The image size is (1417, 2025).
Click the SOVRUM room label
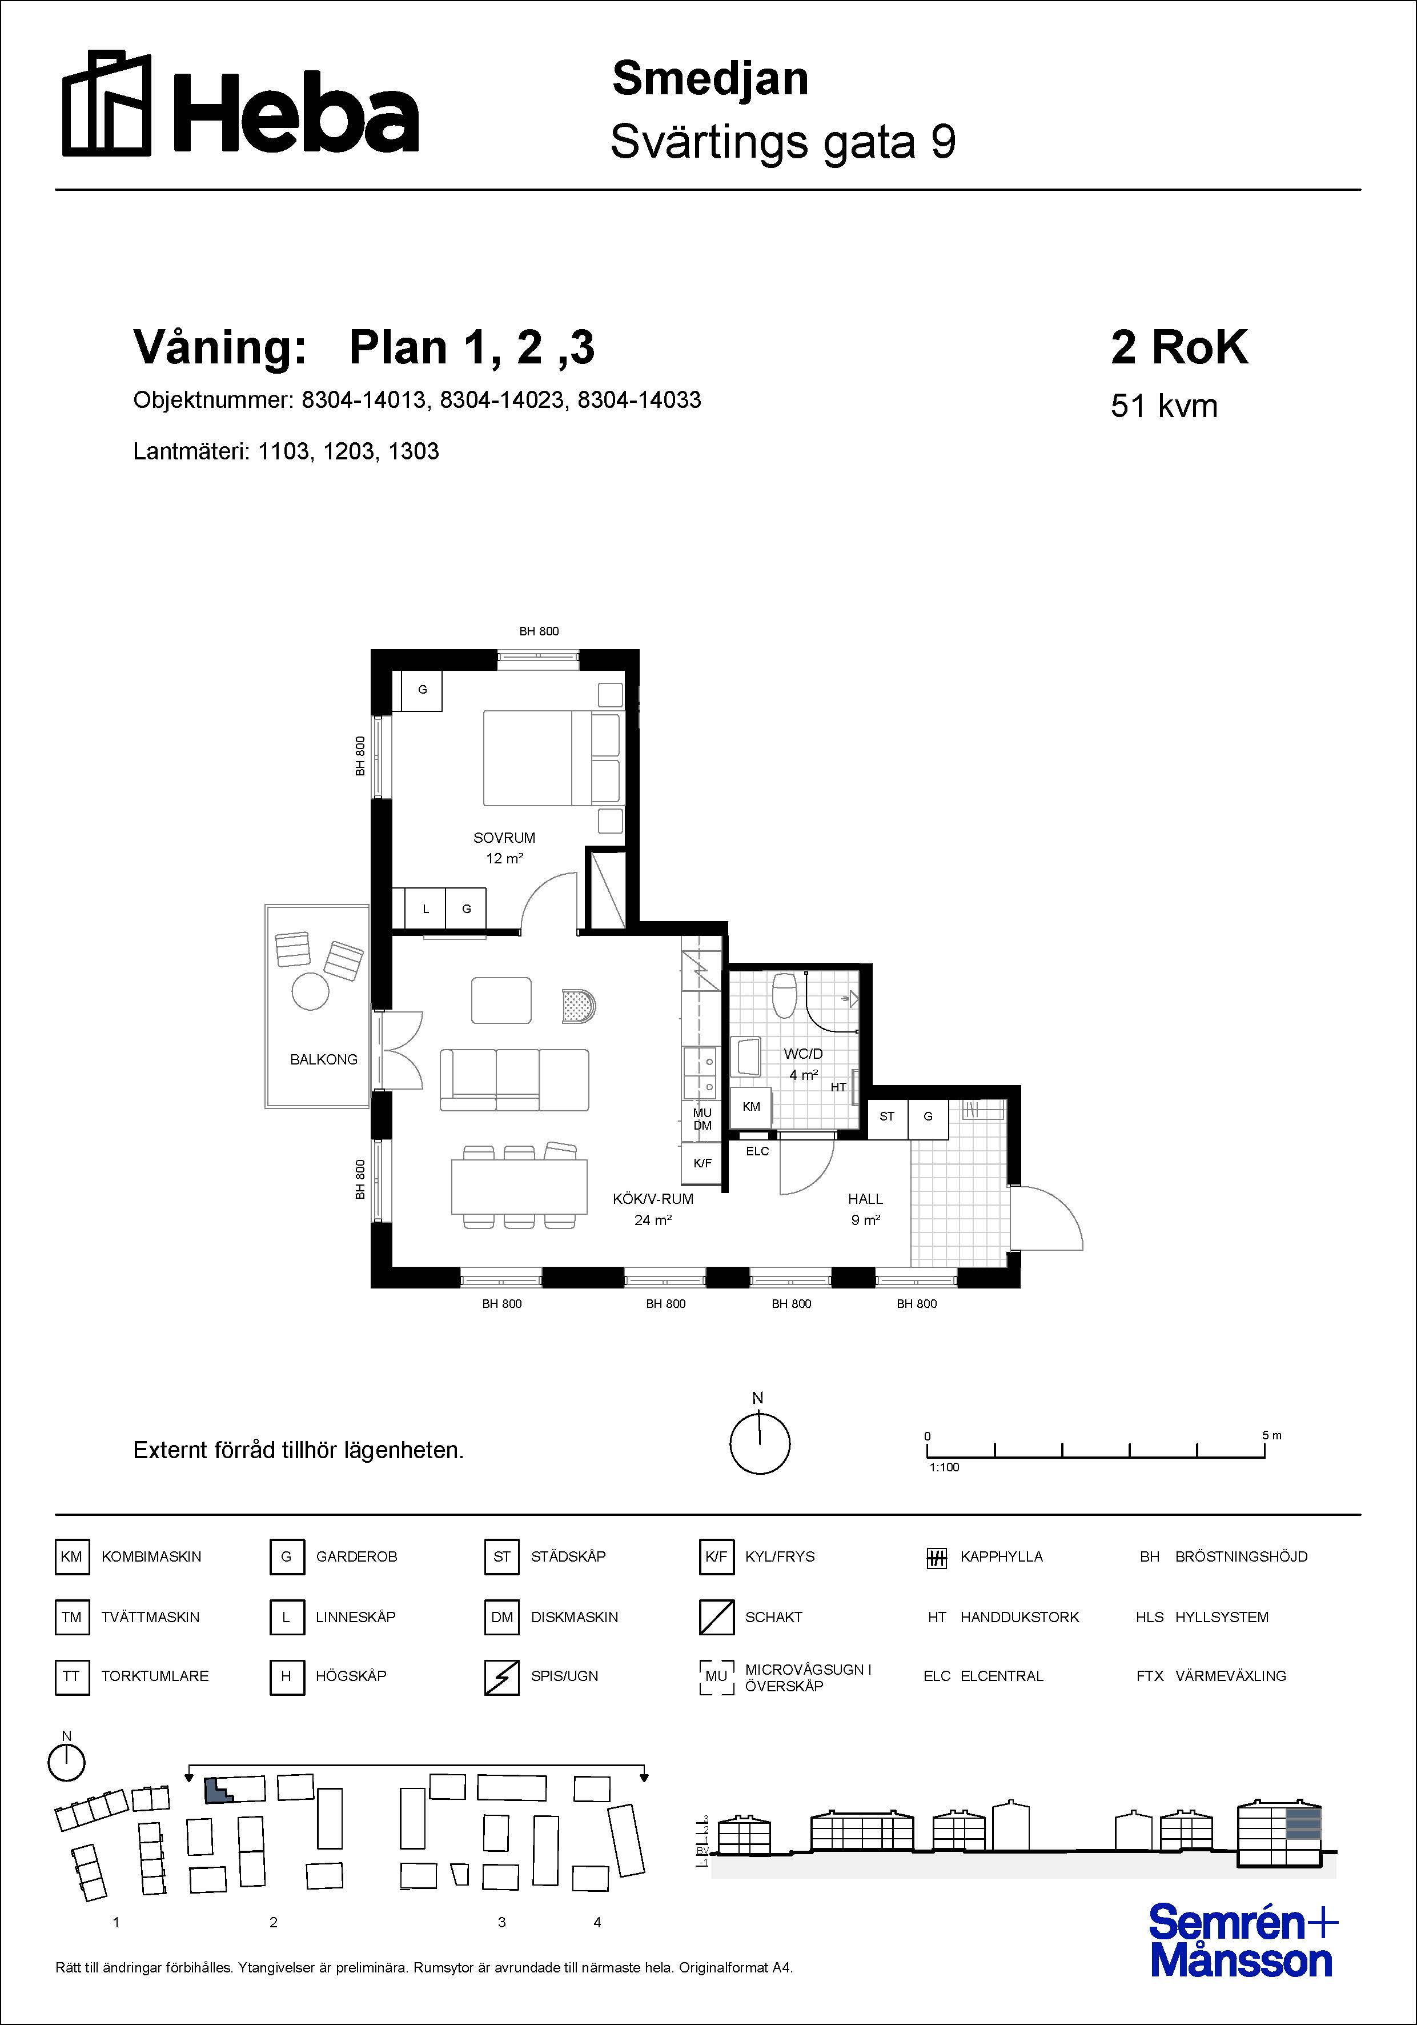(504, 838)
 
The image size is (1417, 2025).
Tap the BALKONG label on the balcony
(324, 1059)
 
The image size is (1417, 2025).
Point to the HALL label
(865, 1199)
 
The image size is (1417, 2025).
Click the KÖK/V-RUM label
(653, 1199)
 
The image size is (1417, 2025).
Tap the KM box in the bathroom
(751, 1107)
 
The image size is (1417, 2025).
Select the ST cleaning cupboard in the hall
(887, 1116)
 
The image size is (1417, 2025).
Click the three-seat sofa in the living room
(514, 1079)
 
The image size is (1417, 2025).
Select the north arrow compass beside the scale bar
(759, 1444)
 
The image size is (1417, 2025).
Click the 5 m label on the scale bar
(1271, 1435)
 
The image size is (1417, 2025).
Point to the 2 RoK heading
(1179, 347)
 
